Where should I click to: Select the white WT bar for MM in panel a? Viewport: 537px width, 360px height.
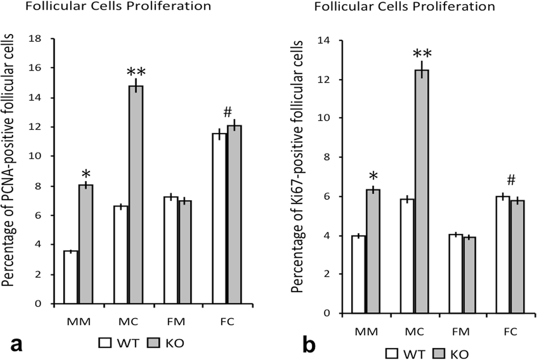coord(71,277)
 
